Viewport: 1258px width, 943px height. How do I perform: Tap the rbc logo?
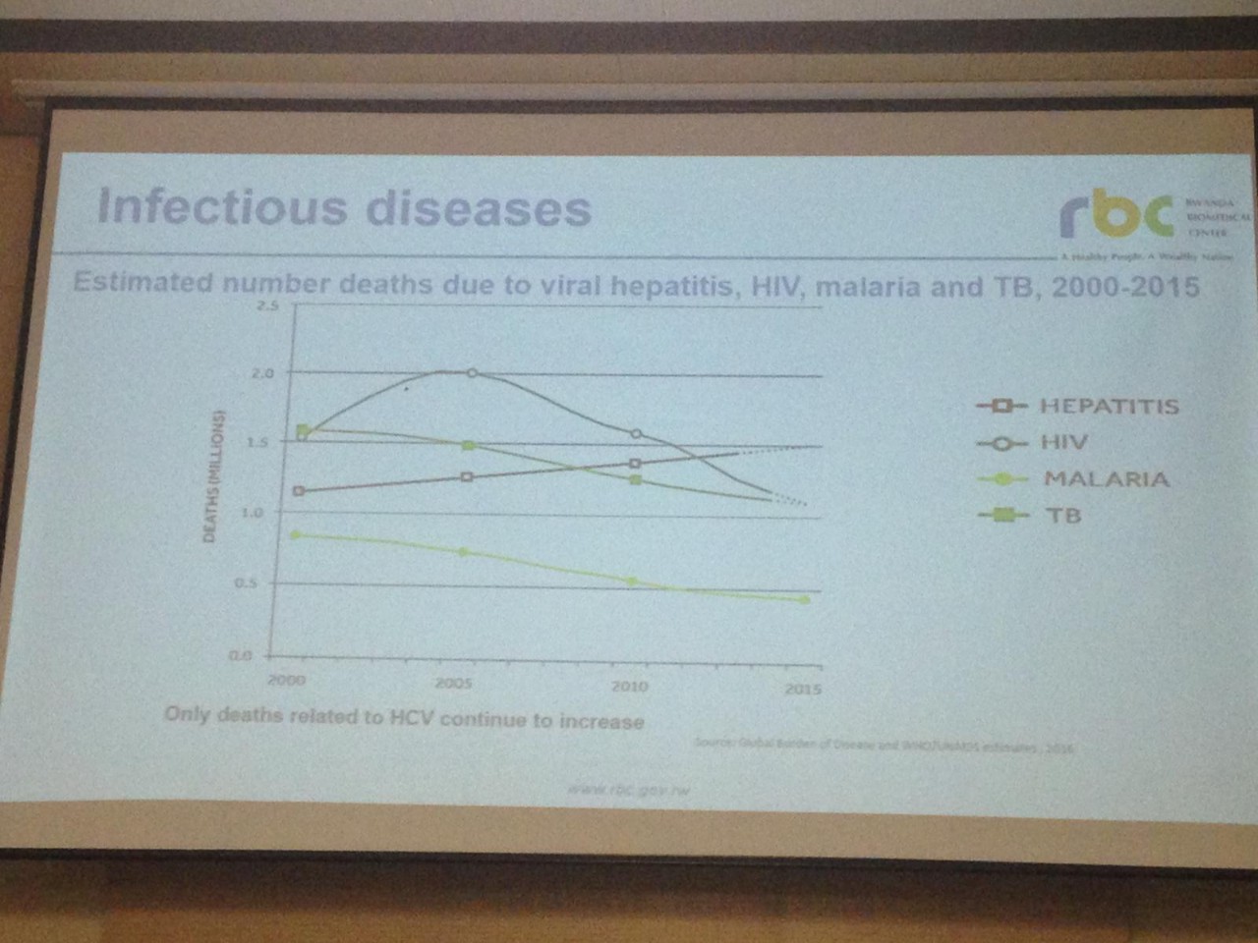pos(1116,215)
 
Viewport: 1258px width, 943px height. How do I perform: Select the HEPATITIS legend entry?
pos(1109,406)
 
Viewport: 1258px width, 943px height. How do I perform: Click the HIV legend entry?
pos(1064,443)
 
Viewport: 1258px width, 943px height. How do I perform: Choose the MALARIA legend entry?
pos(1106,479)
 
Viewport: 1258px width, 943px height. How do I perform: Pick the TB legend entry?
pos(1061,515)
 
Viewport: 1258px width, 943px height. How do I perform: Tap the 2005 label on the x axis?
pos(453,684)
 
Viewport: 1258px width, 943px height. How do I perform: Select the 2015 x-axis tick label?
pos(803,689)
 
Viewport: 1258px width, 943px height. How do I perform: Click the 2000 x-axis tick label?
pos(287,680)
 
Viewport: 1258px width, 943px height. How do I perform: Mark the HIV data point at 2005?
pos(472,373)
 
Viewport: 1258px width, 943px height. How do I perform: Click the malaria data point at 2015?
pos(805,599)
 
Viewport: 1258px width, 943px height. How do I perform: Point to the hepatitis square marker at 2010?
pos(635,463)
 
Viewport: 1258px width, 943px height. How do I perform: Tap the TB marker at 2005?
pos(469,446)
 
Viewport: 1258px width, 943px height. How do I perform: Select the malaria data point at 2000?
pos(296,534)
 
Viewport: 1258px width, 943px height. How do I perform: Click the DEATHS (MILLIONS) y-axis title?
pos(210,474)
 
